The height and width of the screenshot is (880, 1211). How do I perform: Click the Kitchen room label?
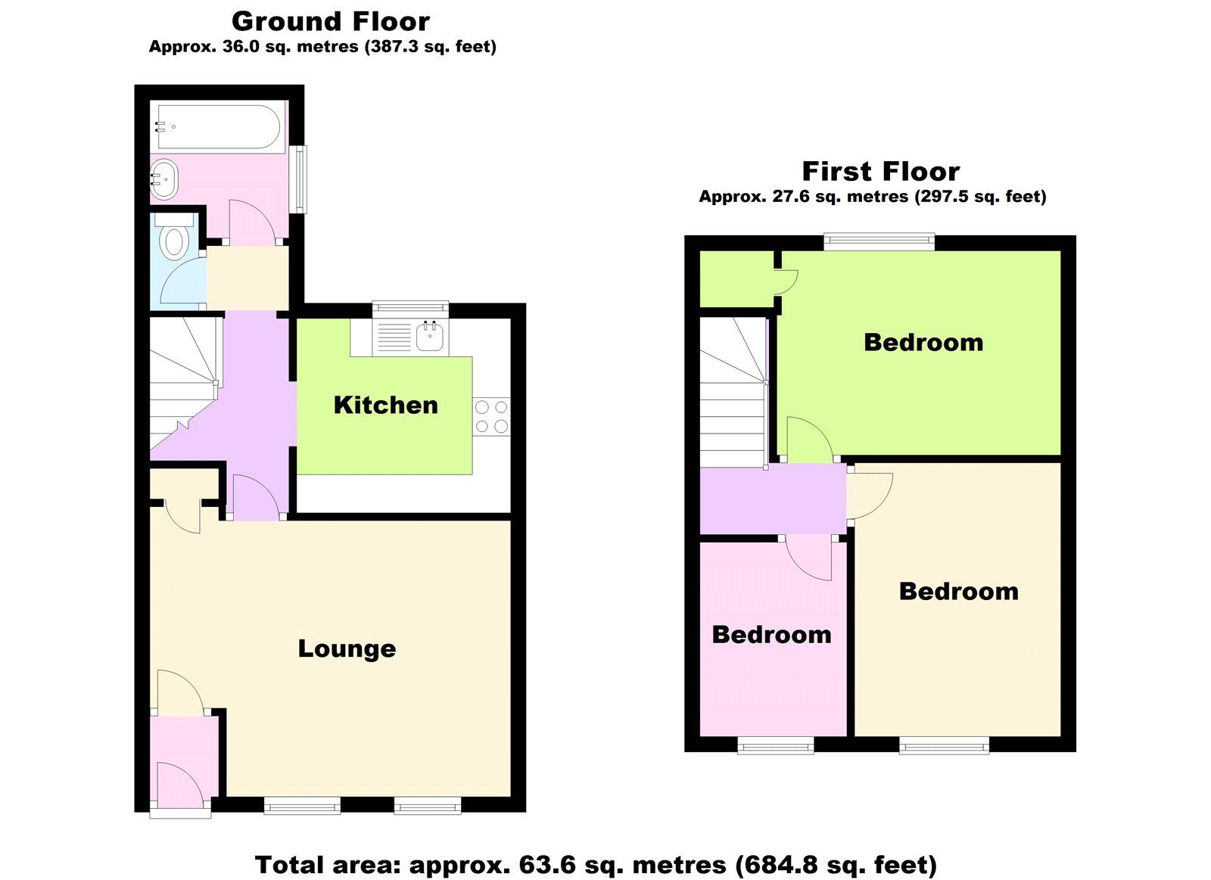click(385, 406)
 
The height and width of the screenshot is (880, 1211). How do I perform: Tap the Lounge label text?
click(347, 649)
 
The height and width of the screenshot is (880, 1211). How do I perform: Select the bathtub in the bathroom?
click(218, 127)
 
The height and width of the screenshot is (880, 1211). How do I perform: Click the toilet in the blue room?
click(174, 238)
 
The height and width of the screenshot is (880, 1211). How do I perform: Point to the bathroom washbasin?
click(164, 179)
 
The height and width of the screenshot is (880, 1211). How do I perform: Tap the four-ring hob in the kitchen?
click(491, 416)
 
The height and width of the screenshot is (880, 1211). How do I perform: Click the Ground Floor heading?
click(331, 22)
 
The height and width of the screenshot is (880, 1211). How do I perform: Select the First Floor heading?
click(881, 171)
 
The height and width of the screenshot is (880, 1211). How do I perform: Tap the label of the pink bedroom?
click(771, 635)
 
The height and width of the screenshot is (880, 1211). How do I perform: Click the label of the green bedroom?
click(923, 343)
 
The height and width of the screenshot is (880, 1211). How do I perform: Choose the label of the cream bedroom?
click(958, 592)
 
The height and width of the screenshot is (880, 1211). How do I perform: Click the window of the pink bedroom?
click(776, 747)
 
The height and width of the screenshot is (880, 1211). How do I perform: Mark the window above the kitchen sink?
click(411, 307)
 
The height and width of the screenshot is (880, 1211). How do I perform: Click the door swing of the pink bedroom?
click(809, 559)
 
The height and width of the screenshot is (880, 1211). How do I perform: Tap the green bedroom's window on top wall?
click(879, 241)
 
